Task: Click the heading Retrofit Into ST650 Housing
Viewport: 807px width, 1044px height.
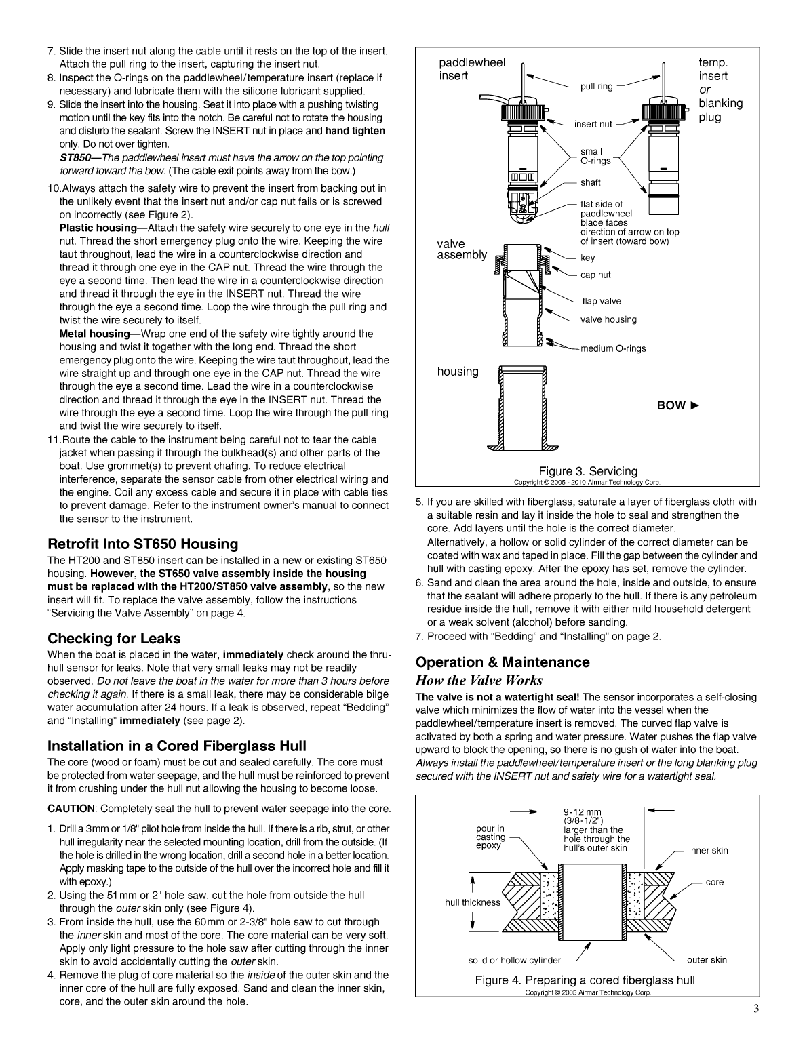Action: coord(142,544)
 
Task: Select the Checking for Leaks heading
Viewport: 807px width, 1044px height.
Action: coord(114,639)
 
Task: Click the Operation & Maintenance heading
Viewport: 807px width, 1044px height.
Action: coord(502,662)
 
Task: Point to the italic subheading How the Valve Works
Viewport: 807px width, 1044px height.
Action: coord(479,680)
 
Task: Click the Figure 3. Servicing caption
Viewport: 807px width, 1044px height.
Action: coord(588,471)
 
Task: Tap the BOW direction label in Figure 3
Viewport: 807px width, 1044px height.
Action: coord(677,405)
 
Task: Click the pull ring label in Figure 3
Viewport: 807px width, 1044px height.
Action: coord(596,87)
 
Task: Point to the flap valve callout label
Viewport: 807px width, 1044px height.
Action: coord(601,301)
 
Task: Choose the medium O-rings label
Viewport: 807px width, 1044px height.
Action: coord(613,348)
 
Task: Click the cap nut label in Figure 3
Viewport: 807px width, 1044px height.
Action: coord(595,275)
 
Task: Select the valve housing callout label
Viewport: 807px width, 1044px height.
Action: coord(608,319)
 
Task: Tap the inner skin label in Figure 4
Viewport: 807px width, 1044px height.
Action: coord(708,850)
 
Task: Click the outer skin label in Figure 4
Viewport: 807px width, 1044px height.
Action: coord(707,959)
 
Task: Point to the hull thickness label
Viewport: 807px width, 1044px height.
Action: coord(473,902)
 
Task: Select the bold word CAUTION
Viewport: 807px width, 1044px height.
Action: coord(71,809)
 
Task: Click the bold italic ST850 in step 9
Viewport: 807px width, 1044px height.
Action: coord(73,158)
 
